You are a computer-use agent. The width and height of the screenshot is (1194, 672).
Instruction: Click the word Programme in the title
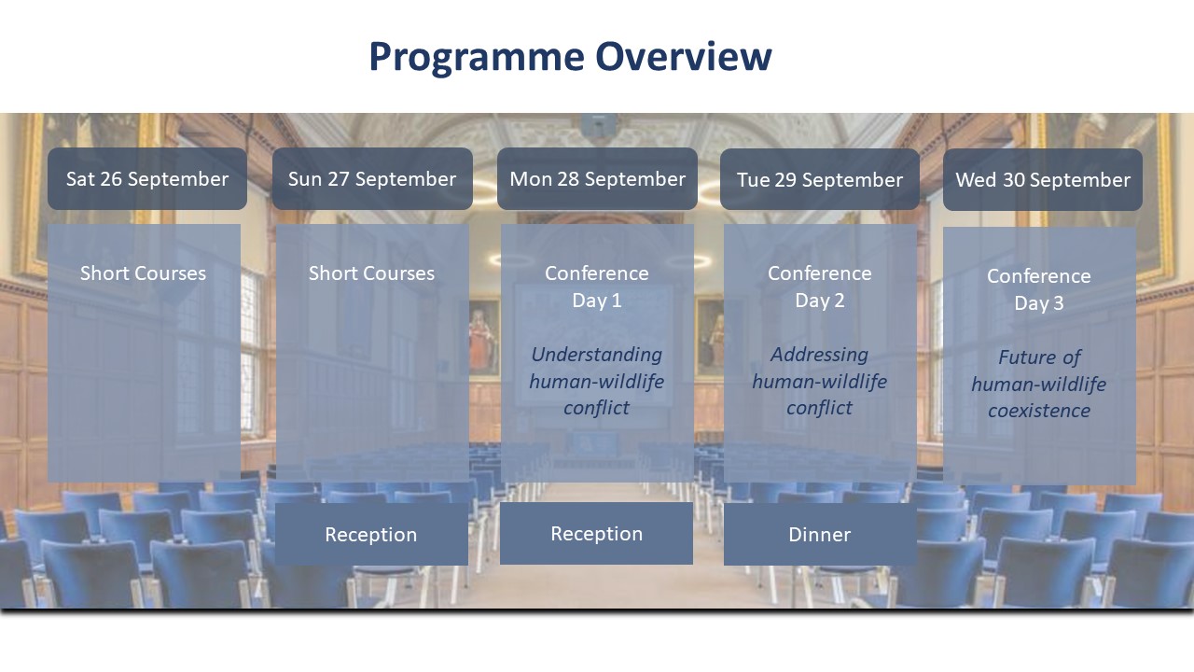coord(477,58)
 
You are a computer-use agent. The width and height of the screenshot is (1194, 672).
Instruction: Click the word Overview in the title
coord(684,56)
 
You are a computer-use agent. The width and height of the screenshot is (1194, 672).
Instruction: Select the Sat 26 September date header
coord(147,178)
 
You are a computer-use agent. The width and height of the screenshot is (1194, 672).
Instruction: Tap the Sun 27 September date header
coord(372,178)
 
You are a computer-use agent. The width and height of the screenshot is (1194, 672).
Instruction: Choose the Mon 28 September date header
coord(597,178)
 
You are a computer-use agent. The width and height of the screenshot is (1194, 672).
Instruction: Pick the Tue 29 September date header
coord(820,179)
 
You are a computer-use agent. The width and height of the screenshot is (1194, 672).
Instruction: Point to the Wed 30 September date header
coord(1043,179)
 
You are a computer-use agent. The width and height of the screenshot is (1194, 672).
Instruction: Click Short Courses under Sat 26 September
coord(143,273)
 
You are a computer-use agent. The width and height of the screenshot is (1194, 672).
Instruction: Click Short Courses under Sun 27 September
coord(371,273)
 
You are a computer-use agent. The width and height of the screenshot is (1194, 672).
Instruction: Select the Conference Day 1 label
coord(597,287)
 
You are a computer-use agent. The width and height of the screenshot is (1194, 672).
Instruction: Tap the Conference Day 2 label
coord(820,287)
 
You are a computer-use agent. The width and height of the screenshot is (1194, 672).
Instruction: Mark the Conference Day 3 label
coord(1039,289)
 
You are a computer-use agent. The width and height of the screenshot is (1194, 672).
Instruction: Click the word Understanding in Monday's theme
coord(597,355)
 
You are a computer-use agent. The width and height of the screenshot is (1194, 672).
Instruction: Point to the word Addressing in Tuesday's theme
coord(820,354)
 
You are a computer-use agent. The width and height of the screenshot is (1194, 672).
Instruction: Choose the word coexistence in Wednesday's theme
coord(1039,411)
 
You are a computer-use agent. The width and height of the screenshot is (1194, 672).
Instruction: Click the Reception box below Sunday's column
coord(371,534)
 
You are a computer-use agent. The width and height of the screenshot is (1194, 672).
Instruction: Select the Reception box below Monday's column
coord(596,533)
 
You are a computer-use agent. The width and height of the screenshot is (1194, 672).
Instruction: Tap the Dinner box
coord(820,534)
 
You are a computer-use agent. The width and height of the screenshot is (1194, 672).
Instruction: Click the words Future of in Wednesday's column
coord(1039,357)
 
